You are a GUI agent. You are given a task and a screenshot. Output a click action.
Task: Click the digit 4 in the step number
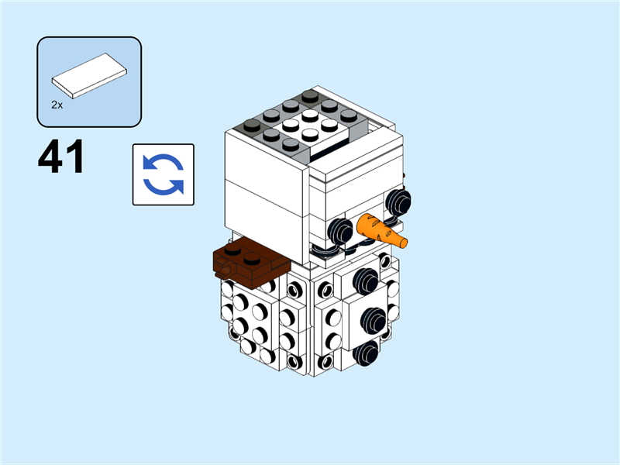(x=51, y=158)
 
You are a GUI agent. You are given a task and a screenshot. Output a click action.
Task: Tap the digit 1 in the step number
(x=74, y=158)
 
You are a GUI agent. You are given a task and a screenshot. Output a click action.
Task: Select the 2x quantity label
(x=57, y=103)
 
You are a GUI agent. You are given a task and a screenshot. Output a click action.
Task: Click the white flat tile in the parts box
(x=89, y=76)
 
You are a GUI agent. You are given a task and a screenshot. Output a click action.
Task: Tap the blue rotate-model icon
(x=163, y=174)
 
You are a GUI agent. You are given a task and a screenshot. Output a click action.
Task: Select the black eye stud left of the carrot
(x=341, y=228)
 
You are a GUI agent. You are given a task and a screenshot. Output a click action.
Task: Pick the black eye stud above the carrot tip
(x=398, y=201)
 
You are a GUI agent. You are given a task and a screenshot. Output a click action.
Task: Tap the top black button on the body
(x=365, y=278)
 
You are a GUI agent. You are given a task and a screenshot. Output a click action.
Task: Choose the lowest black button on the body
(x=365, y=353)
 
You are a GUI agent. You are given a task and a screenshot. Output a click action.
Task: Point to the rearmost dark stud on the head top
(x=310, y=95)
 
